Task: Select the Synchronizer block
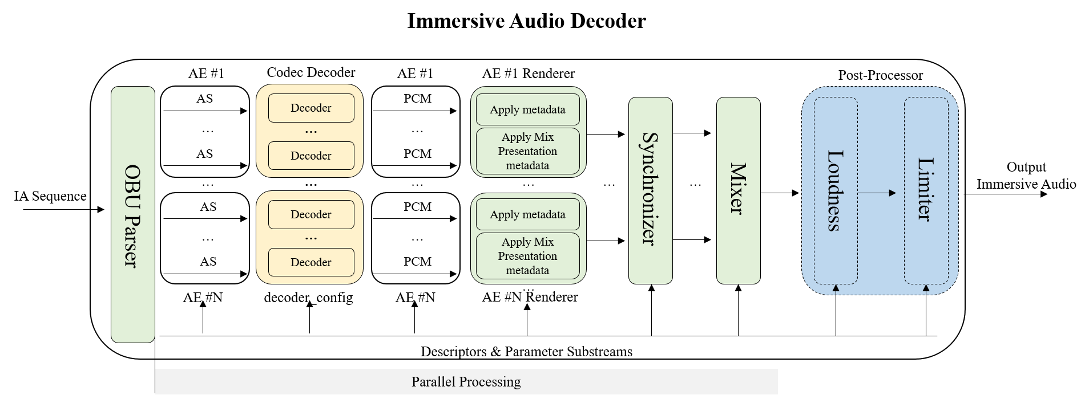(650, 190)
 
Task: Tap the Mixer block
(738, 190)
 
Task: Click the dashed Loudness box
(835, 190)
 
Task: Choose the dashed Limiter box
(925, 190)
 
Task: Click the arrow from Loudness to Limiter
(877, 193)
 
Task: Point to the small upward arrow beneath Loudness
(836, 290)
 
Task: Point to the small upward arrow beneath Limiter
(926, 290)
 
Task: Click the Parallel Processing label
(466, 381)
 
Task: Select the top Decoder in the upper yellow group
(311, 108)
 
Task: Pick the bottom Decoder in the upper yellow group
(311, 156)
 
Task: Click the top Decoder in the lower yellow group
(311, 214)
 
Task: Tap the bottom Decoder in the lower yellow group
(311, 262)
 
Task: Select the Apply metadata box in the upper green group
(527, 109)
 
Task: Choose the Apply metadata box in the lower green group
(527, 214)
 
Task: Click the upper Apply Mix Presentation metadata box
(527, 151)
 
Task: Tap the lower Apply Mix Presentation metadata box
(527, 256)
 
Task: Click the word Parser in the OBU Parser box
(132, 242)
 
